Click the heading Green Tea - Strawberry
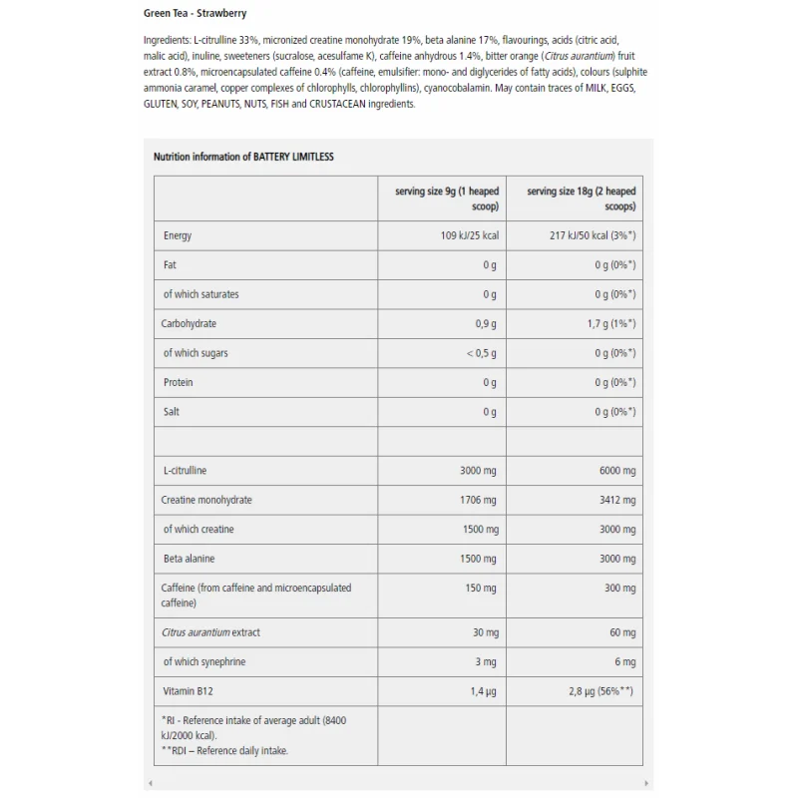coord(195,14)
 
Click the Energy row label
coord(178,235)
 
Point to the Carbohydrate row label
coord(189,323)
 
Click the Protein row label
coord(179,382)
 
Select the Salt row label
coord(172,412)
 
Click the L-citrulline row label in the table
coord(186,470)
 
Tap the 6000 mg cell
coord(616,470)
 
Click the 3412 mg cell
coord(616,500)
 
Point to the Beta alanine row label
coord(190,559)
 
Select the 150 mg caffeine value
coord(481,589)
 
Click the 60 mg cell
coord(622,632)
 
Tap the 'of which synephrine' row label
coord(204,661)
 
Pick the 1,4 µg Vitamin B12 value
coord(483,691)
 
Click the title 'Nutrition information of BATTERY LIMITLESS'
coord(243,157)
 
